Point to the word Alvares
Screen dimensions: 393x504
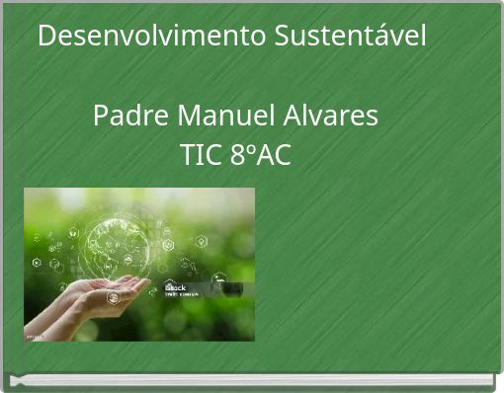tap(332, 117)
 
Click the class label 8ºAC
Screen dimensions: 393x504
tap(261, 155)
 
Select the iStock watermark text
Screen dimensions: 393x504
tap(175, 287)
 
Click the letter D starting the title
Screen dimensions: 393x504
tap(46, 37)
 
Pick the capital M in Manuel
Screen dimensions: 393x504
tap(189, 117)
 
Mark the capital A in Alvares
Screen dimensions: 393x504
tap(294, 117)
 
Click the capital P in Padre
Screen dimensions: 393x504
tap(101, 117)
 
